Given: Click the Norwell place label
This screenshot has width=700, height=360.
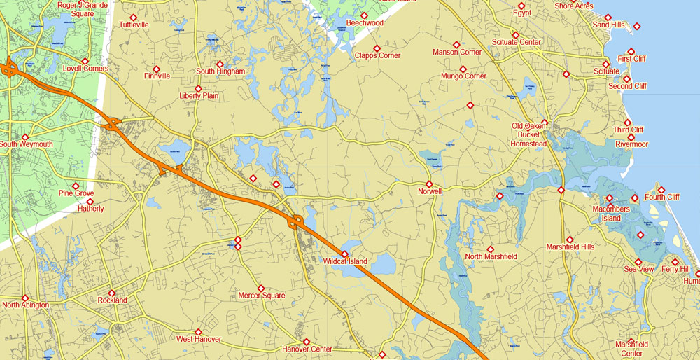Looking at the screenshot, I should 430,191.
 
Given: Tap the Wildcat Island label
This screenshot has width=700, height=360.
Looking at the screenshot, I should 345,262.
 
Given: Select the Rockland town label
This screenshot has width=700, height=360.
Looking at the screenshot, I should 112,300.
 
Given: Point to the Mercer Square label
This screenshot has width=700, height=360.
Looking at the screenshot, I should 262,296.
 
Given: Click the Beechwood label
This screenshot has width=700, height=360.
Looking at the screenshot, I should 365,23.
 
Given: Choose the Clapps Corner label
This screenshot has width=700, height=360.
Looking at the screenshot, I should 377,56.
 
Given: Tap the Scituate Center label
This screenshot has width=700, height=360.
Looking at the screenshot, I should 517,42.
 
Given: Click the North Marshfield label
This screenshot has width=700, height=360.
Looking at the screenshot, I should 491,257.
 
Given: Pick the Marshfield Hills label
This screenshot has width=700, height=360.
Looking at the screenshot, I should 570,247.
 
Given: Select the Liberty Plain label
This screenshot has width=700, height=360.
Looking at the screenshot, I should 199,96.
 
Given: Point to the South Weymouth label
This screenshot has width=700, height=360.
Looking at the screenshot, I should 26,145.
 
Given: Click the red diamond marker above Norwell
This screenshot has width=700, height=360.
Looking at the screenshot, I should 429,184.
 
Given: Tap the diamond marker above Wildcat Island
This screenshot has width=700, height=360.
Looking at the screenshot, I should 344,254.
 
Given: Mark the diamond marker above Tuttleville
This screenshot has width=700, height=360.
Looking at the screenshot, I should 133,18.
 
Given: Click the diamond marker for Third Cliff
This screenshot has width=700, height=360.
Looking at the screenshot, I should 627,123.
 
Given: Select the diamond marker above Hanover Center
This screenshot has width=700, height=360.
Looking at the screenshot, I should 307,342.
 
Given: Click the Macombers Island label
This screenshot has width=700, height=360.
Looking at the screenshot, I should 607,214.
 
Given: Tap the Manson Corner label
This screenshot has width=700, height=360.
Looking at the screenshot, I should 457,53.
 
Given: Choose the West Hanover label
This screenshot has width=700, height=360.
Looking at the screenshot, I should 199,340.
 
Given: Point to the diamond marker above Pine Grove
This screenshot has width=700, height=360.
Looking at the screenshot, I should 76,186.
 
